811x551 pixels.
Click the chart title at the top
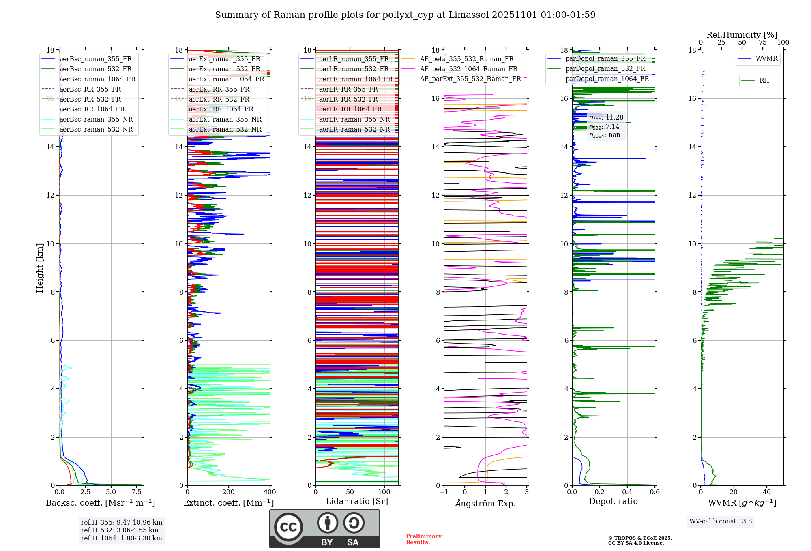(x=405, y=15)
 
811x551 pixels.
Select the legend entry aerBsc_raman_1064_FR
(x=97, y=79)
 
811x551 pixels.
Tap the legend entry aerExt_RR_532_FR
(x=219, y=99)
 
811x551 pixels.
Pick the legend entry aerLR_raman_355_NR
(x=354, y=119)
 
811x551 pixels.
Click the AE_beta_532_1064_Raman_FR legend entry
(x=468, y=69)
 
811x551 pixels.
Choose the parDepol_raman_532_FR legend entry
(x=605, y=68)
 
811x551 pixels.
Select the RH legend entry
(x=764, y=81)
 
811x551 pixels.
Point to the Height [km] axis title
(x=40, y=267)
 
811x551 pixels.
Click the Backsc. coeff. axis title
(x=100, y=503)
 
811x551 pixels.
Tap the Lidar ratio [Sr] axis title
(x=357, y=501)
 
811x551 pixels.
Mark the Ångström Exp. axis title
(x=485, y=504)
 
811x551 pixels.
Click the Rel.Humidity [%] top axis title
(x=742, y=35)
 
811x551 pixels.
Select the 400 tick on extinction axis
(x=270, y=492)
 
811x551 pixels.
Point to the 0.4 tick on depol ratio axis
(x=627, y=492)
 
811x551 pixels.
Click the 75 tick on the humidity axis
(x=763, y=43)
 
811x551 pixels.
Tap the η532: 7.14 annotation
(x=604, y=127)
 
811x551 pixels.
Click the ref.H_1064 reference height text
(x=121, y=538)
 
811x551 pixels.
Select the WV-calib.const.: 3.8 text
(x=721, y=521)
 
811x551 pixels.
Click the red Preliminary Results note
(x=423, y=539)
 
